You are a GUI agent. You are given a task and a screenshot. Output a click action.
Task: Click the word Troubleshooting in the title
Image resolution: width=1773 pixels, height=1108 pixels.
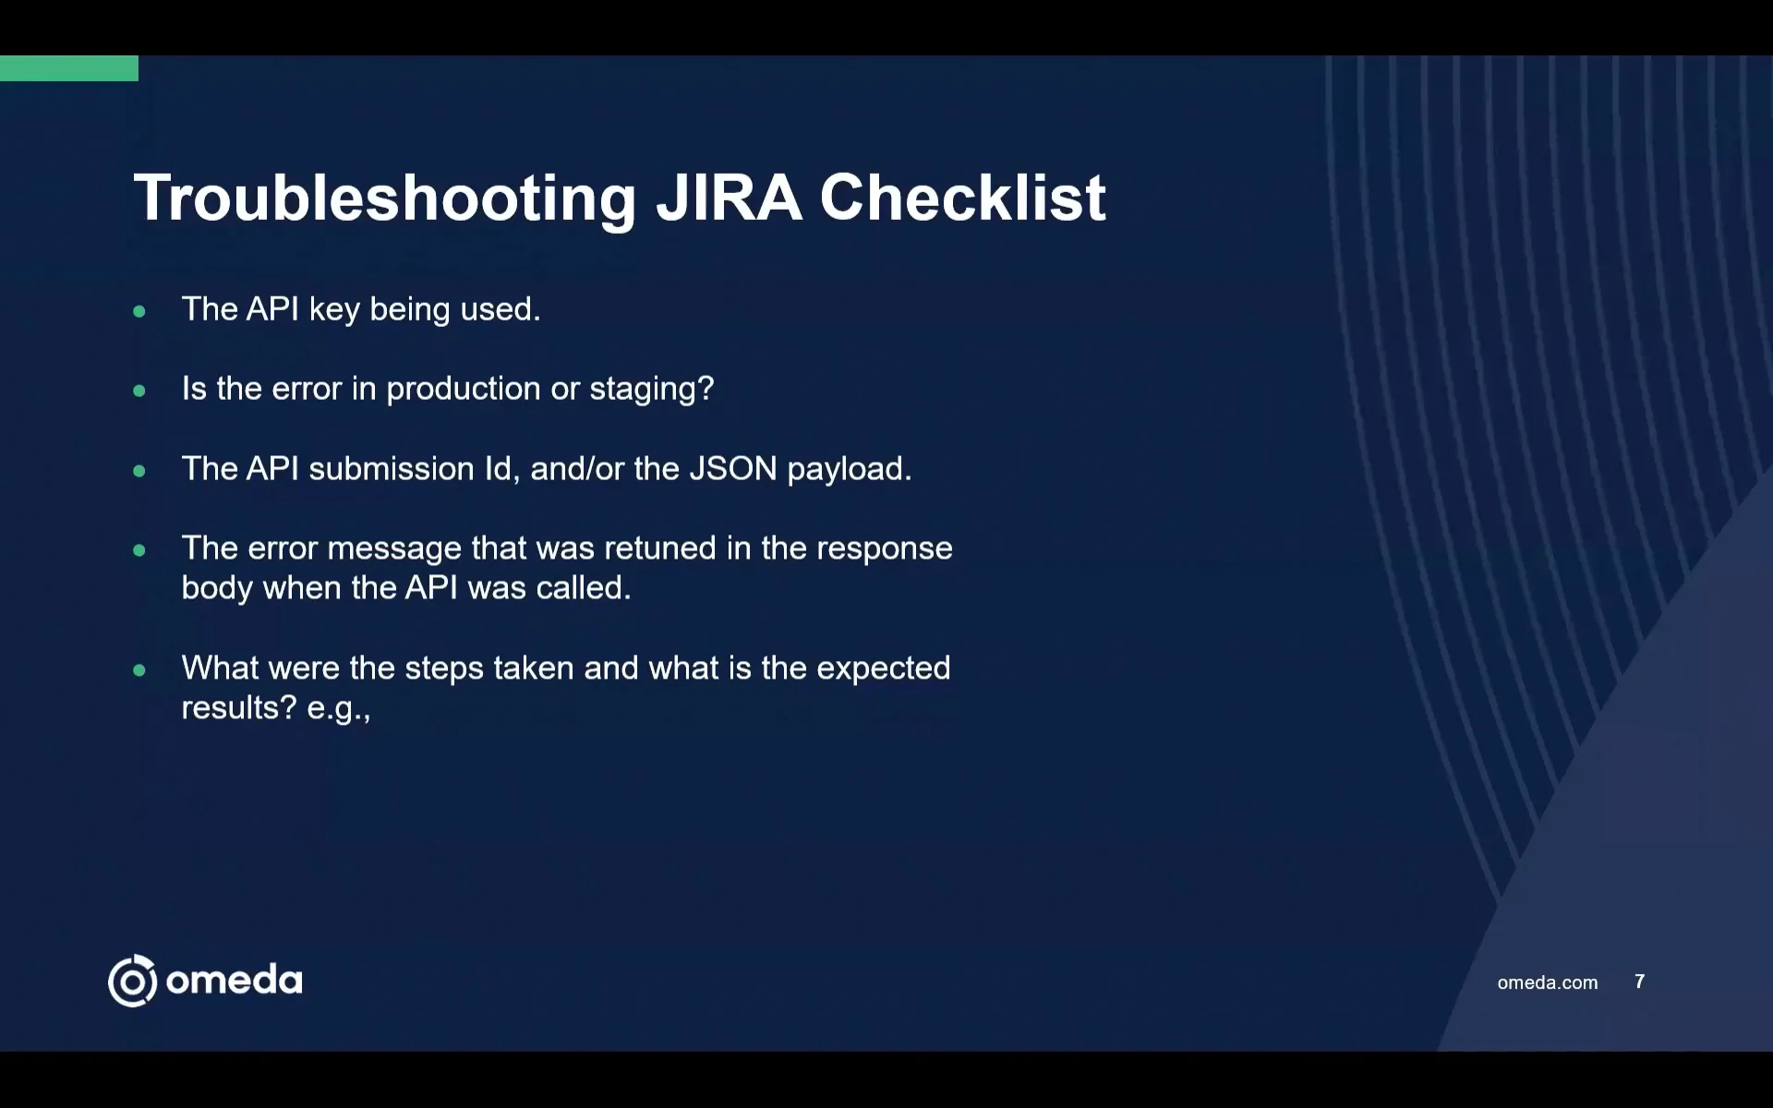click(384, 199)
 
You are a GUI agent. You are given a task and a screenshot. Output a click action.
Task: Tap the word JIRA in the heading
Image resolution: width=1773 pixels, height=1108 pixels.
click(728, 199)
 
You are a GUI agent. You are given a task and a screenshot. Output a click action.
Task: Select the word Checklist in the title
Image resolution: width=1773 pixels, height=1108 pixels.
click(962, 199)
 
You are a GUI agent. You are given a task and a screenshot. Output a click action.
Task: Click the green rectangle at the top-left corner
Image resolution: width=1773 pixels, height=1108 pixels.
click(68, 68)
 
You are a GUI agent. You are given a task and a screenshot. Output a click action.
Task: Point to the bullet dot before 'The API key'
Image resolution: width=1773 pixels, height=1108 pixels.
click(139, 311)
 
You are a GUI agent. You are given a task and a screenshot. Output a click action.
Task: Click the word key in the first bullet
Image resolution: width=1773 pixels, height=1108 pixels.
click(334, 310)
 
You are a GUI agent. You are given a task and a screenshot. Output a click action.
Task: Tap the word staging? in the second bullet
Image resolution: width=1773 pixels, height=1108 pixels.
click(652, 390)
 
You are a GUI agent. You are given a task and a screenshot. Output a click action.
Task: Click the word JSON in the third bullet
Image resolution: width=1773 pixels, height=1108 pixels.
click(733, 469)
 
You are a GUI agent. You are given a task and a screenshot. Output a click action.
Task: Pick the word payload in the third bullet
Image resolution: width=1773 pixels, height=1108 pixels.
click(848, 470)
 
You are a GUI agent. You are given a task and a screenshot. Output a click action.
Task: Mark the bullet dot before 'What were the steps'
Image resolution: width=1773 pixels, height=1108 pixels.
click(139, 670)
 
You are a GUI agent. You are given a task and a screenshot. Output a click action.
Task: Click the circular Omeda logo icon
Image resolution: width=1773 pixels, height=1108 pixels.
click(133, 981)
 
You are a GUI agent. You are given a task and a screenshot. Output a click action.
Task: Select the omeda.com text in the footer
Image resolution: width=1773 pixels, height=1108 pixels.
click(1547, 982)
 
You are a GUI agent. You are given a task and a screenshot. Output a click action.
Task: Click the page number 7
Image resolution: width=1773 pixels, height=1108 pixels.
click(1639, 982)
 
